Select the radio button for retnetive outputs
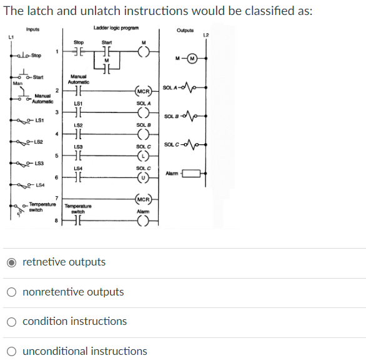click(x=12, y=262)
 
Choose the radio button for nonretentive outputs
click(x=12, y=292)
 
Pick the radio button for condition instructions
click(x=12, y=321)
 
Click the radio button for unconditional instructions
click(x=12, y=351)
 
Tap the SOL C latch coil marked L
click(x=142, y=157)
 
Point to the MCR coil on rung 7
click(x=142, y=202)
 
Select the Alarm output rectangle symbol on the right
click(x=195, y=173)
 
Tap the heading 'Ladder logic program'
click(x=116, y=27)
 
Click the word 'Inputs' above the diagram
click(x=33, y=29)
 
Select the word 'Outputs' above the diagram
click(x=185, y=30)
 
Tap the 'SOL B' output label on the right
click(x=172, y=117)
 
